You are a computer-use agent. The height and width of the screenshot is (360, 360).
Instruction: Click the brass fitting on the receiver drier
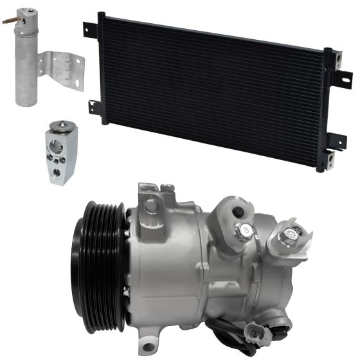[x=10, y=21]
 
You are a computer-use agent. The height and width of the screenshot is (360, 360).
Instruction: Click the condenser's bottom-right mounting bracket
[x=331, y=157]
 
